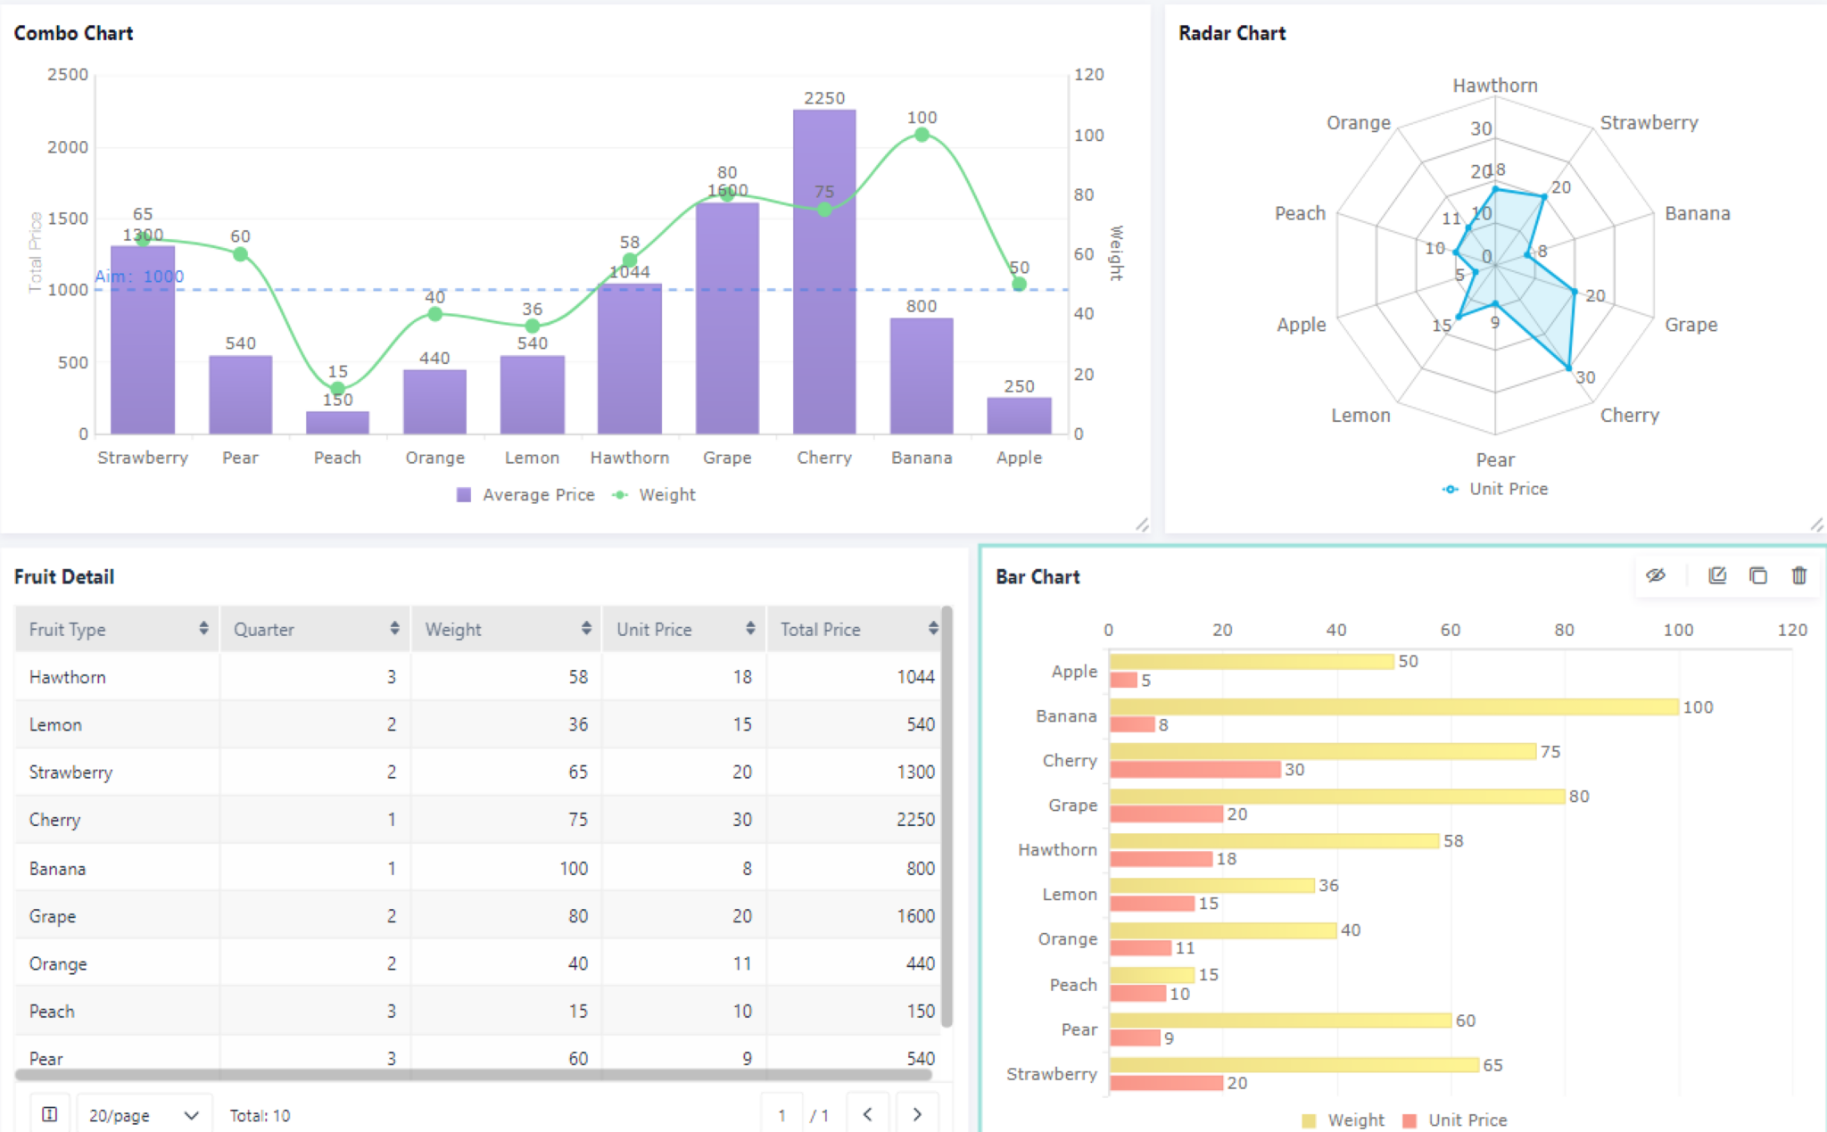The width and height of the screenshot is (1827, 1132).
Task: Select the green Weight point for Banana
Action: click(x=922, y=135)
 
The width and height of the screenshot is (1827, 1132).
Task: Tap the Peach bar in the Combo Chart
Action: click(x=337, y=423)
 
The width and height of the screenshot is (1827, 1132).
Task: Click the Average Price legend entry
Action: click(x=525, y=495)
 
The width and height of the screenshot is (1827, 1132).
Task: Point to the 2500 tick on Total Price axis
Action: click(x=68, y=75)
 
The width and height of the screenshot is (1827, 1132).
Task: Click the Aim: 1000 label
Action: click(x=139, y=277)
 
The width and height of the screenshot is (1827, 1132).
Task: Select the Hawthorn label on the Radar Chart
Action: click(x=1495, y=86)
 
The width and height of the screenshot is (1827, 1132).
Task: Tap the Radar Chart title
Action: click(x=1231, y=33)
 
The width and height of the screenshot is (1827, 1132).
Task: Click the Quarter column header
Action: click(x=264, y=630)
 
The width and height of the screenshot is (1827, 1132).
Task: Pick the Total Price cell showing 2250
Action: click(x=915, y=820)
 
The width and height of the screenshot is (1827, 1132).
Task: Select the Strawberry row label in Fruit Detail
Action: click(x=70, y=773)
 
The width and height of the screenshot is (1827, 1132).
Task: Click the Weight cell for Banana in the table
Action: click(x=574, y=868)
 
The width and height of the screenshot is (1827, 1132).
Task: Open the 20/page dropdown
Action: click(x=144, y=1115)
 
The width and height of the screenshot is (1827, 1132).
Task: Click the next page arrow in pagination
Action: click(x=917, y=1114)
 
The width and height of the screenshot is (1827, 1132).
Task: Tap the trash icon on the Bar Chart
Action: click(x=1799, y=575)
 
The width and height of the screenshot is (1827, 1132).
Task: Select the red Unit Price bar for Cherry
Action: click(x=1195, y=769)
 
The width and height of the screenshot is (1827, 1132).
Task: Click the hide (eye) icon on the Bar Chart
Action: click(x=1656, y=575)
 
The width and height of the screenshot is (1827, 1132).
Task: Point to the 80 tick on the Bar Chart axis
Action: click(x=1564, y=630)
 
